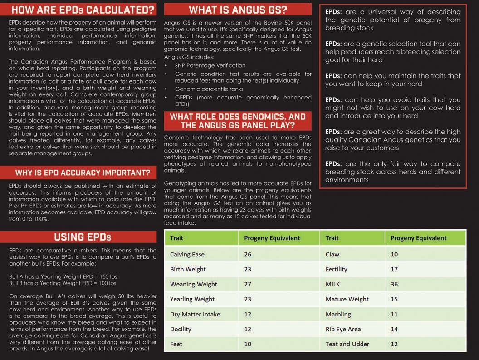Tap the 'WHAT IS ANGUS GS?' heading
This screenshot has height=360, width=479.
click(238, 10)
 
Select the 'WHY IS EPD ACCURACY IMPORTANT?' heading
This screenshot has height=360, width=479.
click(83, 173)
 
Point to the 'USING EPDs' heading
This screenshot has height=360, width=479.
click(83, 237)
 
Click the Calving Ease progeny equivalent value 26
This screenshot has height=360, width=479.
click(248, 254)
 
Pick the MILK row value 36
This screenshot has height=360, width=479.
click(394, 284)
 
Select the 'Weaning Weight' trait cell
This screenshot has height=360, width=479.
click(194, 284)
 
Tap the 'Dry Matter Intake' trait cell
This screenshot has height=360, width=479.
click(195, 314)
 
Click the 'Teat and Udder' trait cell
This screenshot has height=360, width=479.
click(347, 344)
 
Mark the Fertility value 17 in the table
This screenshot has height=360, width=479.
click(394, 269)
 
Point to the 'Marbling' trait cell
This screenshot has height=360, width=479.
click(338, 314)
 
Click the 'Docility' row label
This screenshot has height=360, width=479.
click(181, 329)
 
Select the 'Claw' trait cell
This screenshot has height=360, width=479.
click(332, 254)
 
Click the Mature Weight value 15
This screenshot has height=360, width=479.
click(394, 299)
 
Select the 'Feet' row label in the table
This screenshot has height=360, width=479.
click(176, 344)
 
